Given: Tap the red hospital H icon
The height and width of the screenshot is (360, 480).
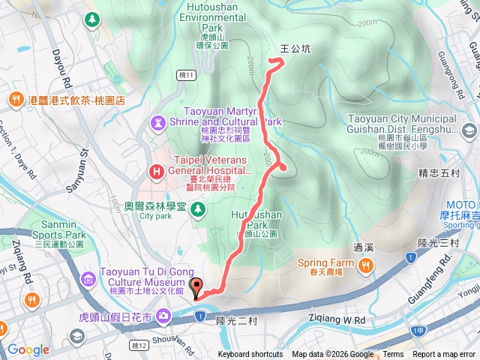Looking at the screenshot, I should click(157, 172).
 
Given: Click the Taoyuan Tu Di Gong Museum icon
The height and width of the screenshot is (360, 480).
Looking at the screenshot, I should click(88, 280).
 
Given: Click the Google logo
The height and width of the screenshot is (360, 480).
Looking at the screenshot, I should click(28, 349).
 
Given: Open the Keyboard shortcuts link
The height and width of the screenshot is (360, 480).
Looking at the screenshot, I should click(250, 355).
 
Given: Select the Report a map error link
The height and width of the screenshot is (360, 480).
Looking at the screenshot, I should click(445, 355).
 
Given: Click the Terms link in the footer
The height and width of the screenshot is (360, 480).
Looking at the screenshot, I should click(393, 355).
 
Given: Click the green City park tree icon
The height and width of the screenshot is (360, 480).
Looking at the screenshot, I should click(198, 208).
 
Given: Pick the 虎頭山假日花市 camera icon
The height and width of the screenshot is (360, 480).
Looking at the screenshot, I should click(163, 316).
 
